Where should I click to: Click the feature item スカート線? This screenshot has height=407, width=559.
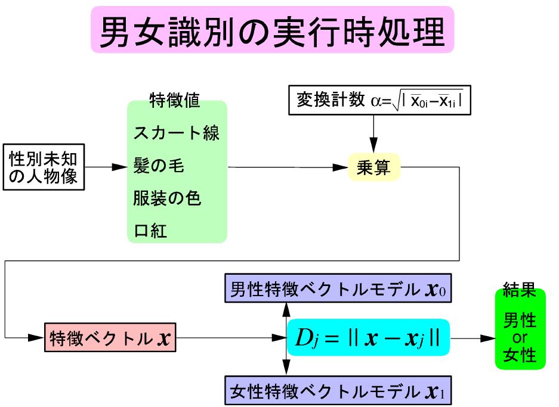(177, 133)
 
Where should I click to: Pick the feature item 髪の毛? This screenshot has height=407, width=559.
(159, 166)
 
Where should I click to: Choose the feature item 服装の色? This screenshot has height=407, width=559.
(167, 198)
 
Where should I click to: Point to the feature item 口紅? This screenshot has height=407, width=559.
(150, 231)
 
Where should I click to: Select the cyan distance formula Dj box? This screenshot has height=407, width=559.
(367, 337)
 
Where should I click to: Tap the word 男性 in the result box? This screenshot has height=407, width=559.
(520, 321)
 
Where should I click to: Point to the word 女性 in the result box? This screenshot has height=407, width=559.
(520, 356)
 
